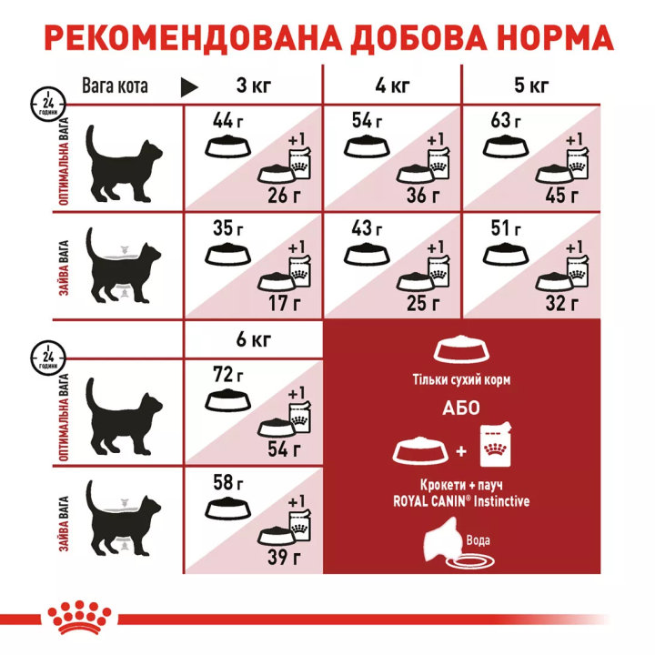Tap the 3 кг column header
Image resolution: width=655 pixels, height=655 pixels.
point(255,86)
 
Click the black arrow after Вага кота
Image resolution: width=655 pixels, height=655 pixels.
point(189,87)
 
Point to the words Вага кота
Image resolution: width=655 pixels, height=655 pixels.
point(115,87)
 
